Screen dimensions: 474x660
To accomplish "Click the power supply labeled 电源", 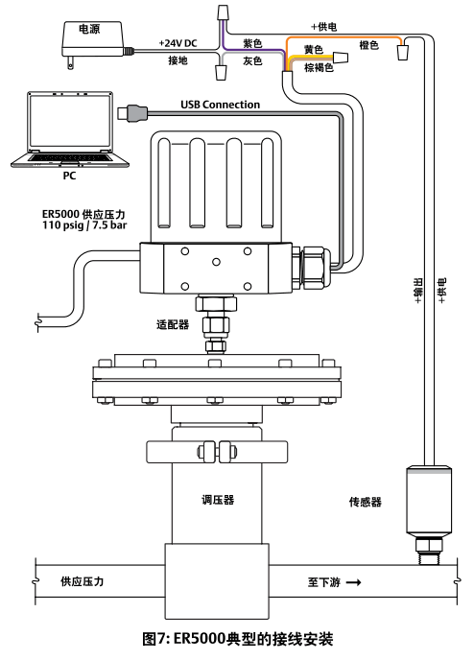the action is [x=93, y=40].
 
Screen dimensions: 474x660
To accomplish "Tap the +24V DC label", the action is [x=178, y=43].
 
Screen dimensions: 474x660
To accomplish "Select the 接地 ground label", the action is [x=178, y=60].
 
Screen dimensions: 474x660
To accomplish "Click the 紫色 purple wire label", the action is [x=252, y=43].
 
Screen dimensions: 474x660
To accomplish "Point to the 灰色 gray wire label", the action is [x=252, y=61].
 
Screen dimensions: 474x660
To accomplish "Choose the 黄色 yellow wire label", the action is [x=314, y=49].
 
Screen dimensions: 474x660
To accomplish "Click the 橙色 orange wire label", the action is [x=369, y=45].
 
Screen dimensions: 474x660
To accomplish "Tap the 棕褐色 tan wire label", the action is [x=320, y=67].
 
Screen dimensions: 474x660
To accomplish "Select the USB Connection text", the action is [x=220, y=105].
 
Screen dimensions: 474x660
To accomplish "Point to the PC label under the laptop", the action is [x=69, y=176].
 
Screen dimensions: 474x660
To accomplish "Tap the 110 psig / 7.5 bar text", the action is [x=84, y=225].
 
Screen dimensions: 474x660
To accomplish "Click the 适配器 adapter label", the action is [x=173, y=324].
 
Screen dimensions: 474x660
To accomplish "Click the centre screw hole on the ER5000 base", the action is [x=217, y=262].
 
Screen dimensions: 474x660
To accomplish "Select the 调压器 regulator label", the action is [x=218, y=500].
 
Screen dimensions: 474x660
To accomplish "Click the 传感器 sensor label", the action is [x=365, y=502].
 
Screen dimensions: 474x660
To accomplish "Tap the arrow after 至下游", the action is [x=354, y=582].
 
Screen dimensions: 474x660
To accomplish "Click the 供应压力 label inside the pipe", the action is [x=83, y=581].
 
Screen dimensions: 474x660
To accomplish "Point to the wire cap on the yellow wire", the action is [x=341, y=58].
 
